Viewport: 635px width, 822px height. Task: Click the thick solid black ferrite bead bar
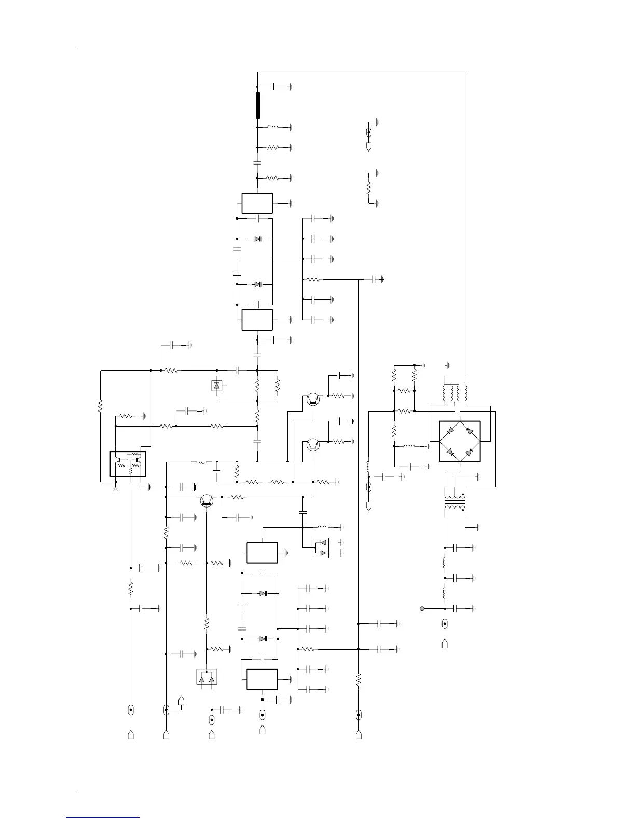tap(258, 105)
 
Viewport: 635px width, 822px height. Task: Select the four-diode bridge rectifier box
tap(460, 441)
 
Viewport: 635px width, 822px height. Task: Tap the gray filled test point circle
tap(422, 608)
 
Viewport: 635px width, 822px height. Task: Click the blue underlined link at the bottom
tap(103, 817)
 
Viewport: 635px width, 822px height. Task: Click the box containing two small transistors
tap(128, 463)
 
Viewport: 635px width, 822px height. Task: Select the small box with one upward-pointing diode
tap(217, 386)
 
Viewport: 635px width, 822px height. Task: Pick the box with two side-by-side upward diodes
tap(206, 677)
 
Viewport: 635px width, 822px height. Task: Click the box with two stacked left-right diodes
tap(321, 548)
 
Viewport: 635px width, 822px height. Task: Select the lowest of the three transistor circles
tap(207, 500)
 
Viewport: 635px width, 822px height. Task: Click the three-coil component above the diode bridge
tap(455, 393)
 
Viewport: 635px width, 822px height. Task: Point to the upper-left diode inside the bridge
tap(450, 430)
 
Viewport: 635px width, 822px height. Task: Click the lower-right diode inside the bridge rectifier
tap(469, 453)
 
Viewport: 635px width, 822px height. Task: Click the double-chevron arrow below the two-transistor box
tap(115, 488)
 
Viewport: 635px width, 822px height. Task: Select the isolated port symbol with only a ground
tap(369, 136)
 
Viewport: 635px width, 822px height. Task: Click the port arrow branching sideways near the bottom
tap(182, 701)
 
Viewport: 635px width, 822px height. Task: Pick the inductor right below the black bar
tap(272, 127)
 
